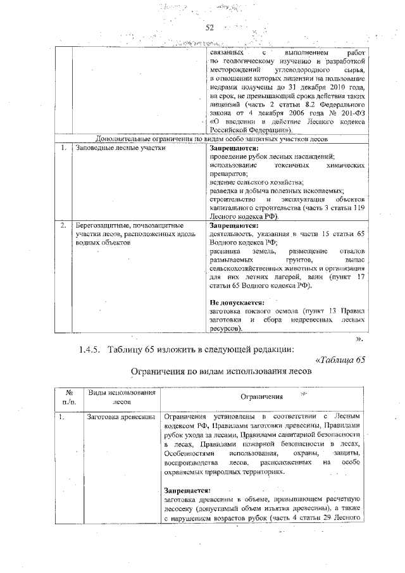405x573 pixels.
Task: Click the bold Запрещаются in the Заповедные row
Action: (234, 148)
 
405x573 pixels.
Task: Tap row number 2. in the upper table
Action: (63, 225)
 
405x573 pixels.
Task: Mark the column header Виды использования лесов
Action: (121, 396)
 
